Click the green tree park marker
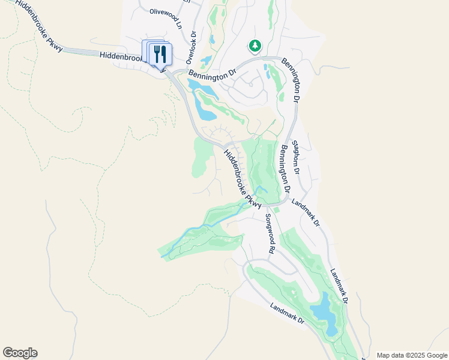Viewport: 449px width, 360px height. [255, 46]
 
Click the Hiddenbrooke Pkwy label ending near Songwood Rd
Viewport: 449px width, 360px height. [243, 179]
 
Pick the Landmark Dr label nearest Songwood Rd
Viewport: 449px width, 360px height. [306, 212]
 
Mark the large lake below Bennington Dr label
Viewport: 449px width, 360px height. [204, 102]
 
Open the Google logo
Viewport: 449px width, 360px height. [20, 353]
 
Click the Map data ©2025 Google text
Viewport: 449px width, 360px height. [411, 355]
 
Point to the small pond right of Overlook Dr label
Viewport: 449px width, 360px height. [206, 60]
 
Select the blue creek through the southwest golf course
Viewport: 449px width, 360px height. [198, 230]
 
